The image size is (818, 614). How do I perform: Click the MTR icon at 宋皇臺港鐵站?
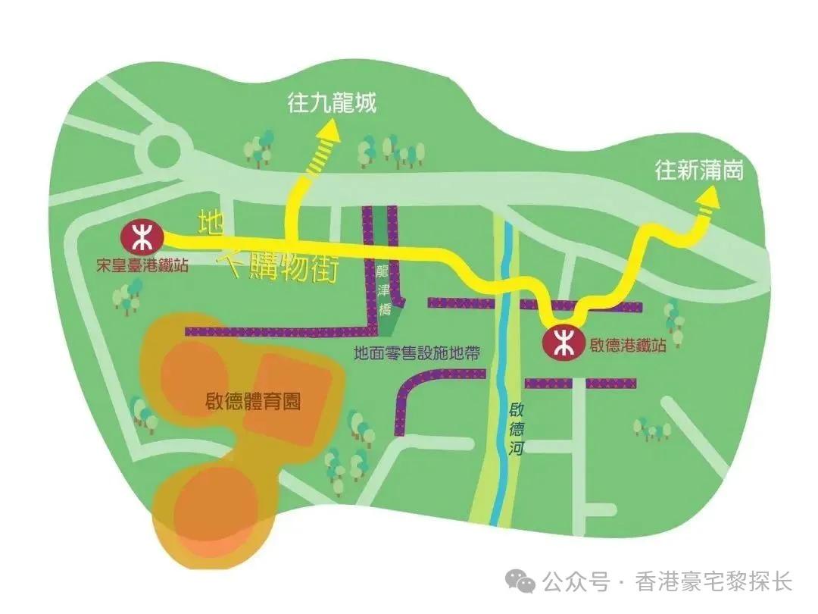coord(141,237)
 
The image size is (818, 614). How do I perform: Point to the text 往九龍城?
coord(332,104)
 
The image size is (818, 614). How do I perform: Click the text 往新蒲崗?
coord(699,171)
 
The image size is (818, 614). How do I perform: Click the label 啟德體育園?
coord(252,401)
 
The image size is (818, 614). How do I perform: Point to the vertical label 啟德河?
coord(517,429)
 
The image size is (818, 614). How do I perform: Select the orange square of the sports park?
coord(292,399)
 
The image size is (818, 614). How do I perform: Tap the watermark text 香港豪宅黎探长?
coord(713,582)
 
